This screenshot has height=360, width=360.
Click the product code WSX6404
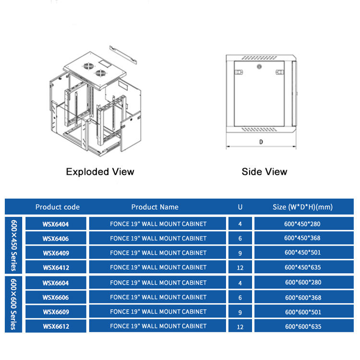click(x=56, y=224)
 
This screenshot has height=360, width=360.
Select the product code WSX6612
click(x=56, y=326)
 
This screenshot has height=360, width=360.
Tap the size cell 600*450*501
click(x=302, y=252)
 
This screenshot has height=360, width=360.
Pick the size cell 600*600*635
click(x=303, y=326)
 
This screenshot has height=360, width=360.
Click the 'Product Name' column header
click(x=155, y=207)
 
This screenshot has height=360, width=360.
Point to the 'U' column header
click(x=240, y=207)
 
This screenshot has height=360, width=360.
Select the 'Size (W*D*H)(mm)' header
click(x=302, y=207)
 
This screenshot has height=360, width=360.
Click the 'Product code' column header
click(x=58, y=207)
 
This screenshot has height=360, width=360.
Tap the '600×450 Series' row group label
click(x=13, y=245)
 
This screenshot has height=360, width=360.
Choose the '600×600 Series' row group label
click(x=13, y=304)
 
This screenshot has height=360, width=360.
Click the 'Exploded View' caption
click(x=100, y=172)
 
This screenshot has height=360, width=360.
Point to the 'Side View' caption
click(x=264, y=172)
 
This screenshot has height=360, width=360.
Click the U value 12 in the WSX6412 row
click(x=240, y=267)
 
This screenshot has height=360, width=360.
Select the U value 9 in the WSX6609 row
click(x=240, y=312)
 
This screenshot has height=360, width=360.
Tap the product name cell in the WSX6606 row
click(x=158, y=297)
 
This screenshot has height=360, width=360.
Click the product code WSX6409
click(x=56, y=253)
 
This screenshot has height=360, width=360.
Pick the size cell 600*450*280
click(x=302, y=224)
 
